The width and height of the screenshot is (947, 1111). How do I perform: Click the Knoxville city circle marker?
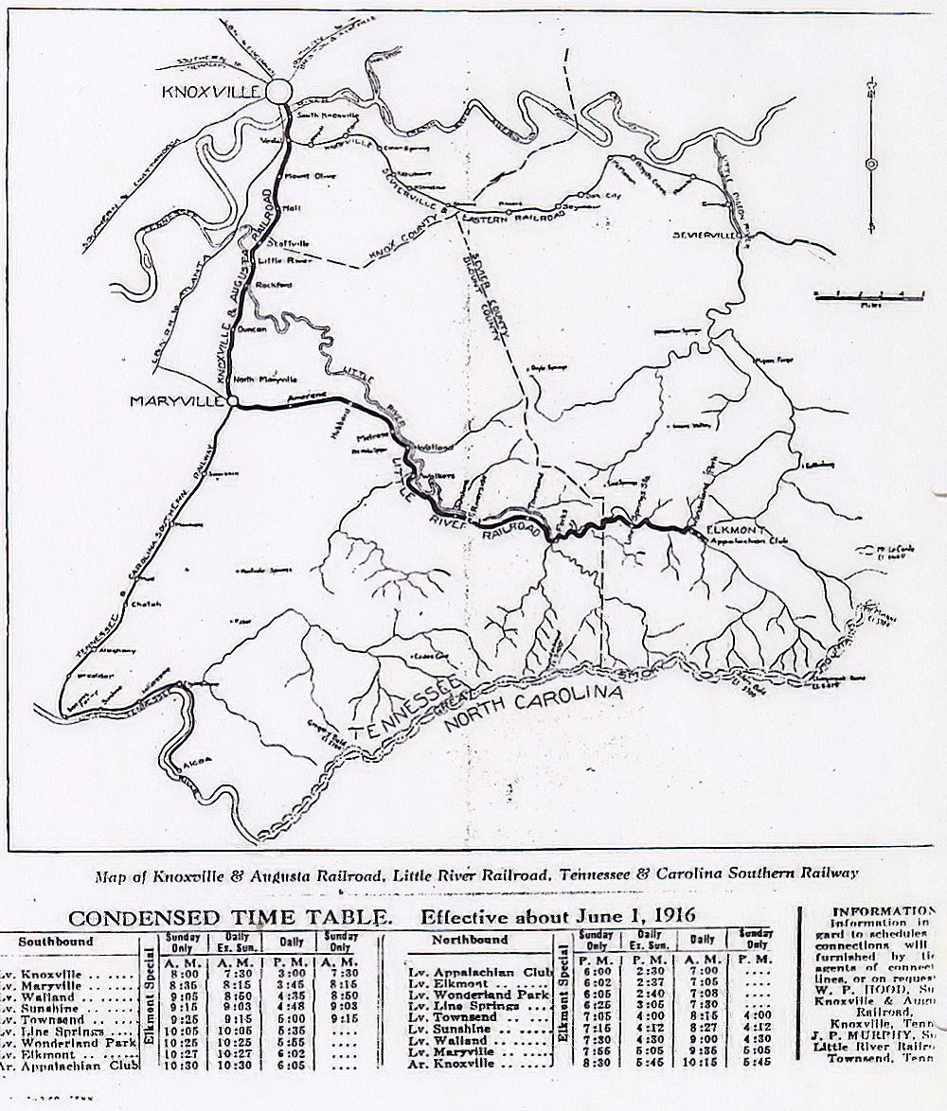(x=279, y=91)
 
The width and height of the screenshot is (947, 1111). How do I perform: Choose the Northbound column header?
(x=469, y=941)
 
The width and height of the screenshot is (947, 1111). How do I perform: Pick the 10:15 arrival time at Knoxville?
(x=702, y=1063)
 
